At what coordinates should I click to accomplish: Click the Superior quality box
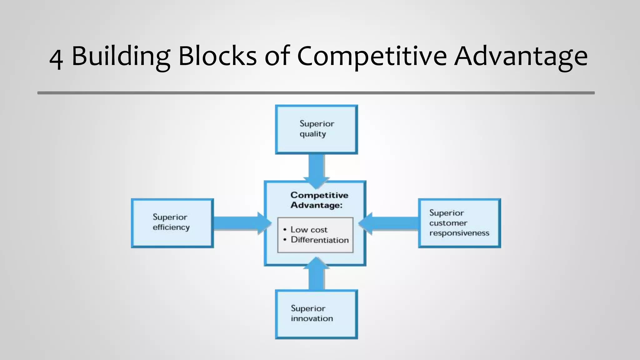pos(316,129)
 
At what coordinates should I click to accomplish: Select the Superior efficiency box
pos(172,223)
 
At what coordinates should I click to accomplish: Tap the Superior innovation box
pos(316,314)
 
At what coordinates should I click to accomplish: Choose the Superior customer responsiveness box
pos(459,223)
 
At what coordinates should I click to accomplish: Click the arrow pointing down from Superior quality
pos(316,170)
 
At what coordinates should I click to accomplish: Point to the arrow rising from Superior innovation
pos(316,275)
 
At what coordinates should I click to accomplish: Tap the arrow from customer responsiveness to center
pos(391,223)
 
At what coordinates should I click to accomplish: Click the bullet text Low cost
pos(309,230)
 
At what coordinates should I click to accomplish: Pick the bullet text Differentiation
pos(319,240)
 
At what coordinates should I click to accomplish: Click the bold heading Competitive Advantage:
pos(319,200)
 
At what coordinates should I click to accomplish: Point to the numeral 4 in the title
pos(56,58)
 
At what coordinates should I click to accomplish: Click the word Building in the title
pos(121,56)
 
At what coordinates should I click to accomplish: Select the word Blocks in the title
pos(217,56)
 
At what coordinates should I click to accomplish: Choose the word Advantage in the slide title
pos(521,56)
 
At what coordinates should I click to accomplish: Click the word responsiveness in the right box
pos(459,233)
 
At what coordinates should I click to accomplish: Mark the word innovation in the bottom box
pos(312,318)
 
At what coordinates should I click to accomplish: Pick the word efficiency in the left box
pos(171,227)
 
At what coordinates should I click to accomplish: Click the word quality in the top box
pos(312,134)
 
